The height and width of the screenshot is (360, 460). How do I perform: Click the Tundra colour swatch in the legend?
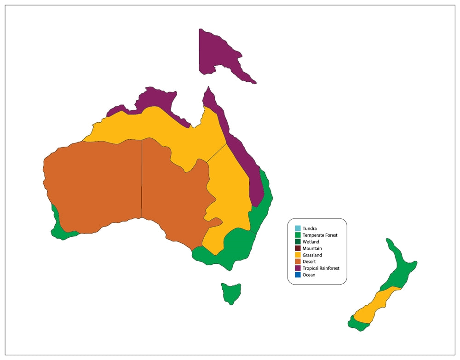pos(298,229)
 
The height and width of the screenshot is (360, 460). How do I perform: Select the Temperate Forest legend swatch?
pos(298,235)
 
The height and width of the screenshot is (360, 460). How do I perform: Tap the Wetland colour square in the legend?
pos(298,242)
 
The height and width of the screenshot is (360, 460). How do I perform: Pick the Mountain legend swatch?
pos(298,248)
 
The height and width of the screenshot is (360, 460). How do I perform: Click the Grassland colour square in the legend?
pos(298,255)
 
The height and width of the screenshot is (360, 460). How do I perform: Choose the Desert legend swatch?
pos(298,262)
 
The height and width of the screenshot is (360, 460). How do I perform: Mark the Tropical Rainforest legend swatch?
pos(298,268)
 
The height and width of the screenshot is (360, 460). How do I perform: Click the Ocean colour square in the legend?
pos(298,275)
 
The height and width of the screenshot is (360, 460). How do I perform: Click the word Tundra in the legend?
pos(310,229)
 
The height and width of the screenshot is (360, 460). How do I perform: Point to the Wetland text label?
pos(311,242)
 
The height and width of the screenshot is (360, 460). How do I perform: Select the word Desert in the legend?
pos(309,262)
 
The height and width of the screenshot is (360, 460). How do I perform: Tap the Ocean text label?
pos(309,275)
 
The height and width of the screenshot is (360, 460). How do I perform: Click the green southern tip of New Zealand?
pos(358,324)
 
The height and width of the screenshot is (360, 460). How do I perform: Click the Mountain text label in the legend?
pos(312,248)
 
